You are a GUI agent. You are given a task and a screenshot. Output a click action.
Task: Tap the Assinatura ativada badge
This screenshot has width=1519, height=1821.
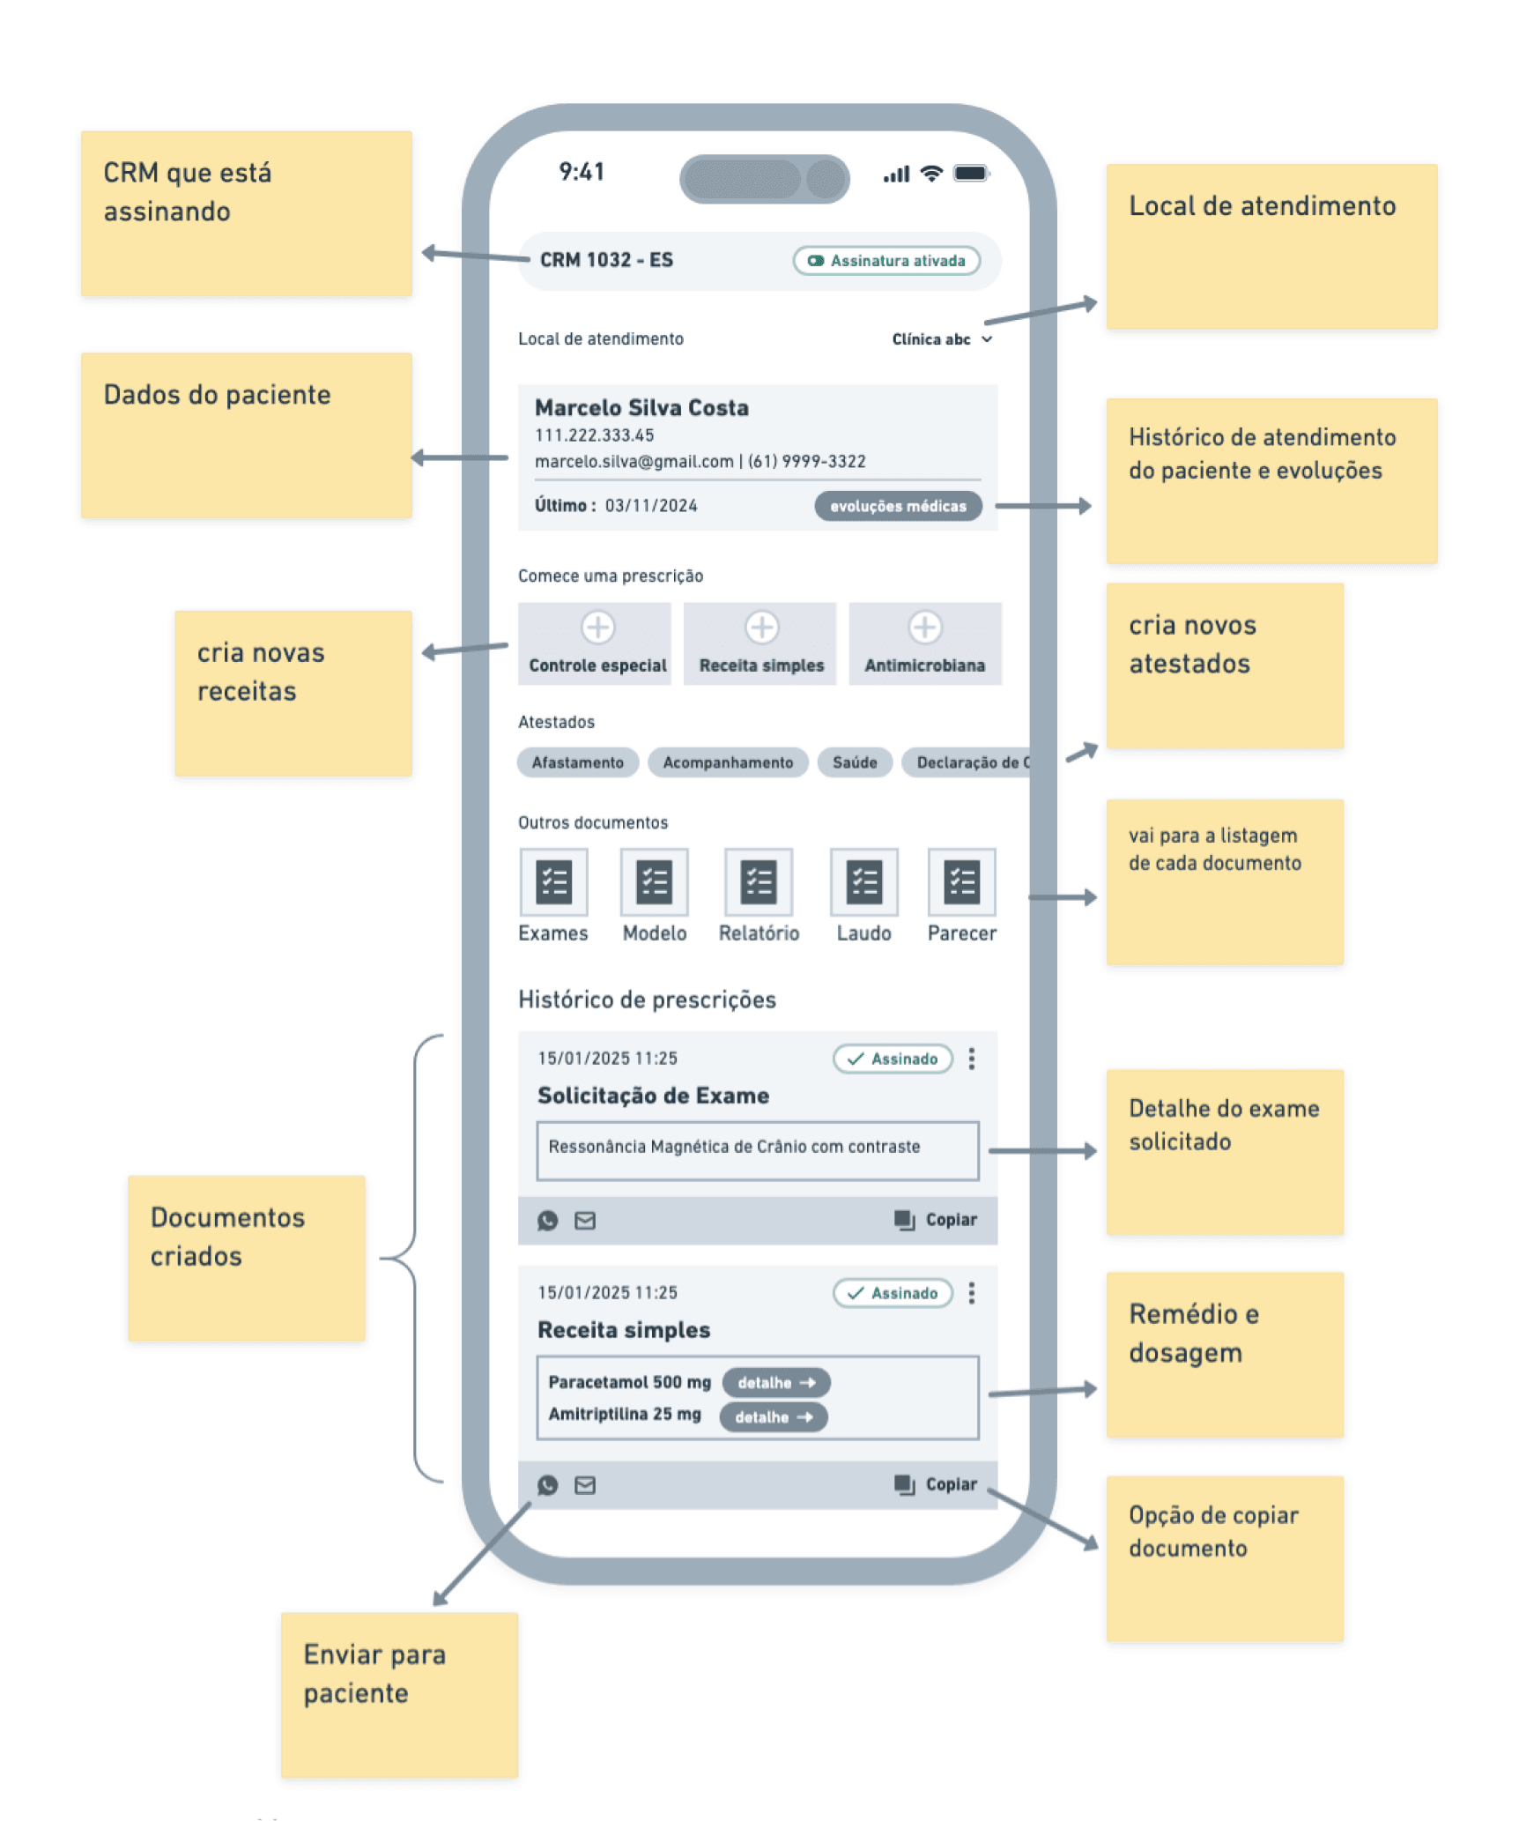point(885,261)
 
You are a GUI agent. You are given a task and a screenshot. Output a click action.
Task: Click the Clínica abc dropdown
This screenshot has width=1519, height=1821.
point(941,339)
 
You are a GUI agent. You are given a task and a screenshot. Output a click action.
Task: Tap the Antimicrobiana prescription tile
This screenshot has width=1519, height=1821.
point(924,643)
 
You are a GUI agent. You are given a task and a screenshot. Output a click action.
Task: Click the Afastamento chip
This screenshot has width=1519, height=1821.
point(576,762)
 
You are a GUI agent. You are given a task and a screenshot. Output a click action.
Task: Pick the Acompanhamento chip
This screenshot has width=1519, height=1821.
point(727,762)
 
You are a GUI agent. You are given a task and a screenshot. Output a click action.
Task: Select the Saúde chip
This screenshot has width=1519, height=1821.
point(854,762)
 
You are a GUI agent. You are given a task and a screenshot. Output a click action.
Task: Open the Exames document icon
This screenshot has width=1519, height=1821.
point(553,882)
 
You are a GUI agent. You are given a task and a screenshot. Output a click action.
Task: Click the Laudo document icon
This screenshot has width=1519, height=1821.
point(863,882)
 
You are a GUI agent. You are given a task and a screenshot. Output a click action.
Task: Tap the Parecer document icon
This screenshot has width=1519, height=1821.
point(961,882)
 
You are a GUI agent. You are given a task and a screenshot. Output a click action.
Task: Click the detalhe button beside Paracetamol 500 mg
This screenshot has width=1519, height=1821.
point(775,1382)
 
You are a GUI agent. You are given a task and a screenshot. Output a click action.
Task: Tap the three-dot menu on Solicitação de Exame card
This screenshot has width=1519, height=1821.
point(971,1059)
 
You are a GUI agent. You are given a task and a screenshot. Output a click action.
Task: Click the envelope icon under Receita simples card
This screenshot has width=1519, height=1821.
point(584,1485)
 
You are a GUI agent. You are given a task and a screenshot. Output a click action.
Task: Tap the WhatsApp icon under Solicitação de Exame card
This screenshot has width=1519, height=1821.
point(547,1221)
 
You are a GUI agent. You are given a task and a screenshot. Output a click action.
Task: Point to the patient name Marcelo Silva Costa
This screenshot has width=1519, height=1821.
point(641,408)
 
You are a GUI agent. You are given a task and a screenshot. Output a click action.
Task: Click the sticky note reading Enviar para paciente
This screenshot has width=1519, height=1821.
point(399,1694)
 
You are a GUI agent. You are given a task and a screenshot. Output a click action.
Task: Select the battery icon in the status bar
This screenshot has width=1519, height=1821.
point(971,173)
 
